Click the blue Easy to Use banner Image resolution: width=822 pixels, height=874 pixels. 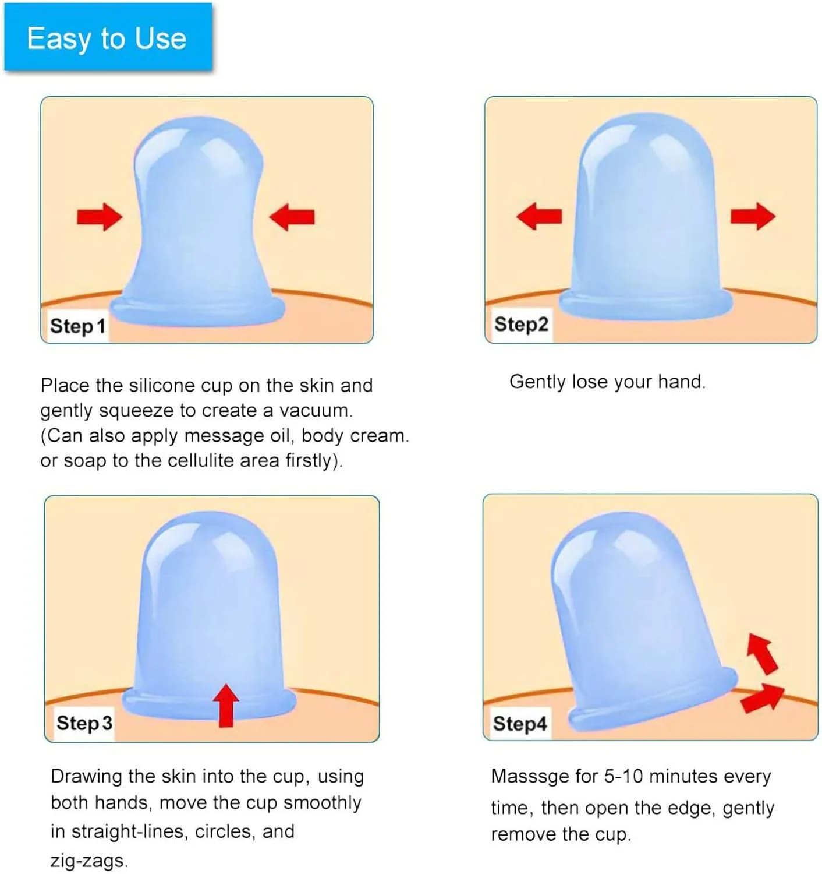[108, 37]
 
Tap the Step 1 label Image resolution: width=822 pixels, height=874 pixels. [78, 326]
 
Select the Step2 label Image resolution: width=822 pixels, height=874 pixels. [521, 325]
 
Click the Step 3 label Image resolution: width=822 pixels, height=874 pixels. [84, 723]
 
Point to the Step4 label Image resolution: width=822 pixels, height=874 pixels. [520, 724]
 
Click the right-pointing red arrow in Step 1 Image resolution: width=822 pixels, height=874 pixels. [100, 217]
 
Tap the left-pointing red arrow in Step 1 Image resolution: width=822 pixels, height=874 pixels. [292, 217]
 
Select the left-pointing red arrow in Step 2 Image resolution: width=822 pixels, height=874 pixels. [539, 216]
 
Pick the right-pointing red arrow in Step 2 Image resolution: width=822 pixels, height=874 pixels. [753, 216]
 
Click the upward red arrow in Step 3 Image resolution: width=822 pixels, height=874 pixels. [226, 706]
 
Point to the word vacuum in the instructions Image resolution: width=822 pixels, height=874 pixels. [316, 411]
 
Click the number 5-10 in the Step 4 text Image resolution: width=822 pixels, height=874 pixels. [623, 776]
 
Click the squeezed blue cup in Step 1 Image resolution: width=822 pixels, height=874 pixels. [197, 222]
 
